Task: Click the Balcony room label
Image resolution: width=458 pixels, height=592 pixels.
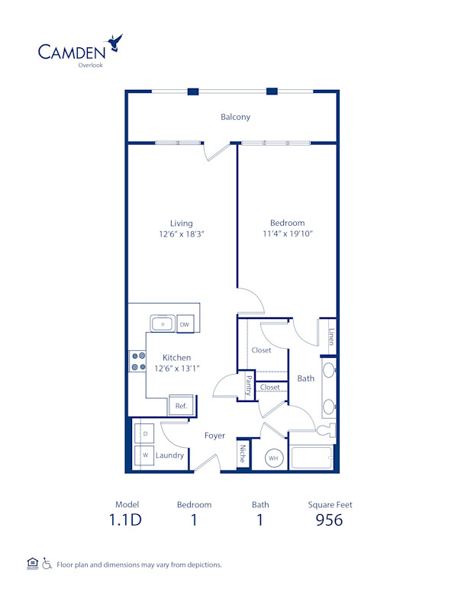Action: [x=235, y=117]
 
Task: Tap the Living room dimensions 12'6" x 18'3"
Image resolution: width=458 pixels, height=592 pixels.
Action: [x=181, y=234]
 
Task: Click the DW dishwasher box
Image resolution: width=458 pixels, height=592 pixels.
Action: [x=184, y=325]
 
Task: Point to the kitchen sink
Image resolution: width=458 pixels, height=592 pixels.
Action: [x=162, y=324]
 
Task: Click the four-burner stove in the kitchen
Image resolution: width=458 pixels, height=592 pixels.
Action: [x=138, y=361]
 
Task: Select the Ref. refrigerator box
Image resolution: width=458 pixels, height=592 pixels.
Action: [x=181, y=406]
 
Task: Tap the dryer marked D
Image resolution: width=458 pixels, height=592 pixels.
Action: [x=145, y=433]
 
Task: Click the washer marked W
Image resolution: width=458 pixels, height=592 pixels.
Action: [x=145, y=455]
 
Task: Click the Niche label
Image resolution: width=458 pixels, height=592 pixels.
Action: [x=243, y=454]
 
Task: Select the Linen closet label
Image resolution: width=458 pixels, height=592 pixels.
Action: [x=331, y=337]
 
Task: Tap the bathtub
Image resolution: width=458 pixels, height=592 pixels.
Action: [x=311, y=458]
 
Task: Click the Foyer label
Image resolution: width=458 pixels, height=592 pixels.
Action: [x=214, y=436]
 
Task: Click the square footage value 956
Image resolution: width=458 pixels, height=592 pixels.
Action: [x=330, y=520]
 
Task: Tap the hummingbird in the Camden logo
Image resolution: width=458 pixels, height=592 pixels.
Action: [x=115, y=42]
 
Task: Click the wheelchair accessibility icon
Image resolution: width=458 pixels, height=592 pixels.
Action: [x=47, y=565]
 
